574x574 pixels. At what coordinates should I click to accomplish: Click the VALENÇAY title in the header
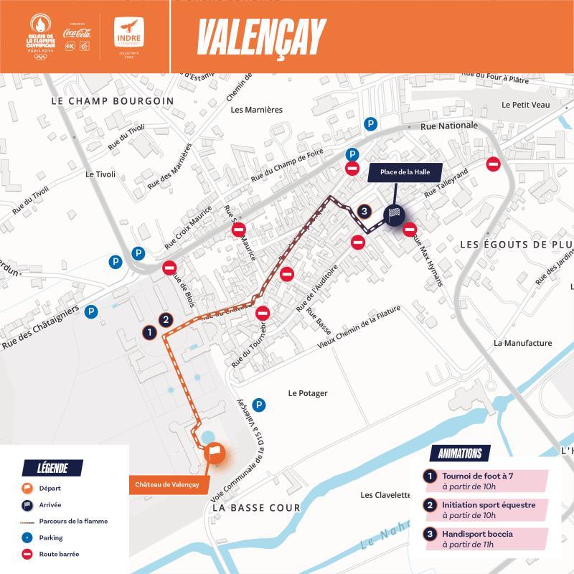click(261, 36)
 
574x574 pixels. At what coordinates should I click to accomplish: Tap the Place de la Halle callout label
click(405, 172)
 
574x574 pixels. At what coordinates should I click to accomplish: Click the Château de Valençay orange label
click(167, 484)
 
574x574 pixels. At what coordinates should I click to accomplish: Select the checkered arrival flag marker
click(394, 214)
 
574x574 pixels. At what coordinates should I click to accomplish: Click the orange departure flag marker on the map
click(214, 452)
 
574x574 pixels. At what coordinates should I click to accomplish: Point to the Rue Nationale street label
click(448, 126)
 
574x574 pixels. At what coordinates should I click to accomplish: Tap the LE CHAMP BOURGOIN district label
click(113, 101)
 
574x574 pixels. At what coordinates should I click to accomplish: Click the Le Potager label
click(308, 393)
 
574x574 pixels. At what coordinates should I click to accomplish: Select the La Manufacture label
click(522, 343)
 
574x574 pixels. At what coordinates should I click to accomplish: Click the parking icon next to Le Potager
click(259, 405)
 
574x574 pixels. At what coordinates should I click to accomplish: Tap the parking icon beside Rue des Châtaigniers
click(90, 311)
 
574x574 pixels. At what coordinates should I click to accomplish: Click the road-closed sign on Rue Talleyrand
click(493, 164)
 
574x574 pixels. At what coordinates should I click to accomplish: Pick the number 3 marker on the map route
click(364, 211)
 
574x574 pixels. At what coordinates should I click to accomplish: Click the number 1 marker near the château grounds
click(149, 332)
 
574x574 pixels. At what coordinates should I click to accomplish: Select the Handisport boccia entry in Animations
click(477, 534)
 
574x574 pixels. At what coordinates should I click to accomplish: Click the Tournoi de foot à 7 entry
click(477, 476)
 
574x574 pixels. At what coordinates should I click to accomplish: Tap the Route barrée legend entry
click(59, 554)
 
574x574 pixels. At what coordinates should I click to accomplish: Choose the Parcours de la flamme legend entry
click(72, 521)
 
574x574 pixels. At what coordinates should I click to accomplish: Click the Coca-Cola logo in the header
click(77, 32)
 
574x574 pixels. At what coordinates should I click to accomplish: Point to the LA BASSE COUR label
click(256, 507)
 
